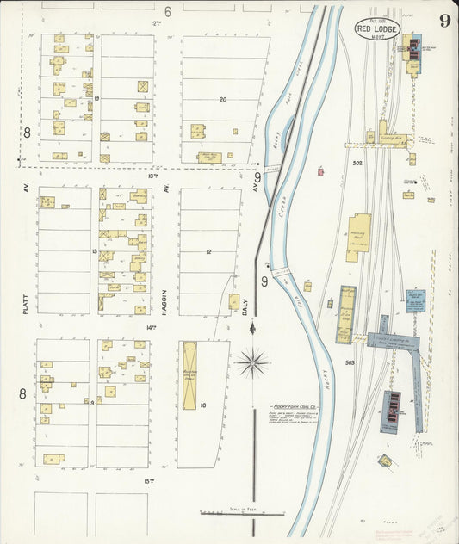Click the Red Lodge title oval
point(378,28)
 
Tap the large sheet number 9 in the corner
point(443,22)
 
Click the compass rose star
point(252,363)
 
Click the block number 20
point(222,100)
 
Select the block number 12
point(208,252)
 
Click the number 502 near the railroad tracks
point(357,162)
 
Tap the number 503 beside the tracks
point(350,362)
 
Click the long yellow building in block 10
point(189,375)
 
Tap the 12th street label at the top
point(155,22)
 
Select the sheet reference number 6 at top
point(168,11)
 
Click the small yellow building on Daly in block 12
point(233,302)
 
